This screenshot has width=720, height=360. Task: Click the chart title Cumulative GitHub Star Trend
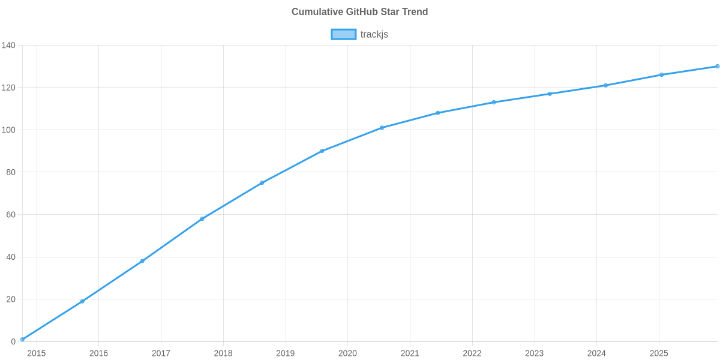pos(359,12)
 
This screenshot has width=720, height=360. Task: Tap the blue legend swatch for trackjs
pos(343,34)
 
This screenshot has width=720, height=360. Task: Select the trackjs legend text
pos(374,34)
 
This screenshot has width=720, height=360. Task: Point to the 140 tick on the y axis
pos(8,46)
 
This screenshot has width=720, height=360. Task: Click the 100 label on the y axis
pos(8,130)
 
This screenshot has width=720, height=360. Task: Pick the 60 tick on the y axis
pos(11,215)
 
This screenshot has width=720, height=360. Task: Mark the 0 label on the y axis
pos(13,342)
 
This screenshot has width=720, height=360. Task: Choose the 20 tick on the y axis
pos(11,299)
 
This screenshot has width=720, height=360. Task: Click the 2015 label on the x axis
pos(36,353)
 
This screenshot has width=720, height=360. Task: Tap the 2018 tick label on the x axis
pos(223,353)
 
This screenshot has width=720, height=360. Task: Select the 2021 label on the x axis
pos(410,353)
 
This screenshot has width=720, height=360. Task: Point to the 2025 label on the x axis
pos(659,353)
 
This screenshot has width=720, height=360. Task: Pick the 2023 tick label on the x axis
pos(535,353)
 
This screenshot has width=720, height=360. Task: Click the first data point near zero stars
pos(22,340)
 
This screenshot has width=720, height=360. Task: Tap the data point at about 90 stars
pos(322,151)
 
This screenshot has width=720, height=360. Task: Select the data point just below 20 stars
pos(82,301)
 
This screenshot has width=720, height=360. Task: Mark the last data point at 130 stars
pos(717,66)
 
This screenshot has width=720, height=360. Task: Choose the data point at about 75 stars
pos(262,183)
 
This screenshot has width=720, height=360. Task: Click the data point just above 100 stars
pos(382,128)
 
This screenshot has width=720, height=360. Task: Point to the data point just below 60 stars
pos(202,218)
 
